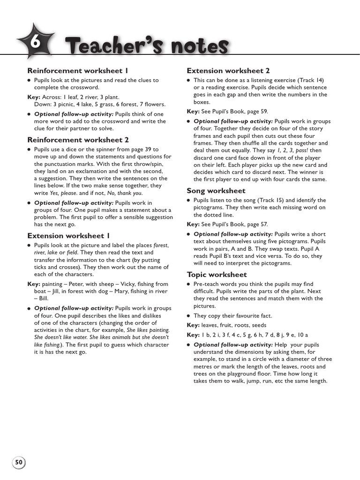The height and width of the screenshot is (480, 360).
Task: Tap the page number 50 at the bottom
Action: point(19,463)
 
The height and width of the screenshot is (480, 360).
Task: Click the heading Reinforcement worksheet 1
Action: point(78,71)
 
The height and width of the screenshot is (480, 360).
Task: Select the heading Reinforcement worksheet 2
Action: point(78,140)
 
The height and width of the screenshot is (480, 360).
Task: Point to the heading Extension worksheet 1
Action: point(69,235)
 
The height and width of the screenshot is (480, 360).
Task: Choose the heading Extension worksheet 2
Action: point(228,71)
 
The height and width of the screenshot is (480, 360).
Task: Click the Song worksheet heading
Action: point(216,191)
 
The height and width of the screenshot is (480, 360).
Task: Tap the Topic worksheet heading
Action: point(217,275)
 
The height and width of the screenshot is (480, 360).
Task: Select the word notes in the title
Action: point(199,46)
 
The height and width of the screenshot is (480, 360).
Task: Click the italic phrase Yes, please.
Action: point(64,193)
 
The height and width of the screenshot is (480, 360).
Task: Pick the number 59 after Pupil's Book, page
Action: point(264,112)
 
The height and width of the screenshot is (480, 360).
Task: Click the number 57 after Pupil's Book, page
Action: point(264,224)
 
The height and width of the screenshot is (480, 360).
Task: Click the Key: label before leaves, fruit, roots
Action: point(193,325)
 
